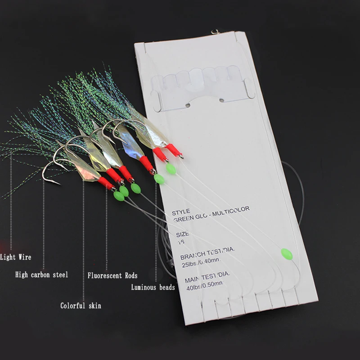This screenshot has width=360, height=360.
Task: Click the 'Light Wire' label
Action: pos(16,257)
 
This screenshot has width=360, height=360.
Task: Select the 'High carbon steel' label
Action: pos(41,274)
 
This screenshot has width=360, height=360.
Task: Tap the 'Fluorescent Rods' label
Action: pos(112,275)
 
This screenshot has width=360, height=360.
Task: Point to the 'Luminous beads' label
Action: pos(153,287)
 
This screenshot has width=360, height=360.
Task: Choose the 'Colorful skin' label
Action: pos(81,306)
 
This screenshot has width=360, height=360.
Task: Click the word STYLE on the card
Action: pos(180,211)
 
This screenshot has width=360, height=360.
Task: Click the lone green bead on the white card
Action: pos(286,254)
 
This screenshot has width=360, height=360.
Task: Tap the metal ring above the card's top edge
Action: pos(215,31)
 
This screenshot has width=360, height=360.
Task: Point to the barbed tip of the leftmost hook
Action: pos(57,183)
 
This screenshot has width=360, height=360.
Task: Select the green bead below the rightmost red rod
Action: pos(171,169)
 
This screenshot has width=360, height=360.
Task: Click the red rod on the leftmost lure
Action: pos(106,183)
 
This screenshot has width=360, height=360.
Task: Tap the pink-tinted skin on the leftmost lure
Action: pos(85,170)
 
